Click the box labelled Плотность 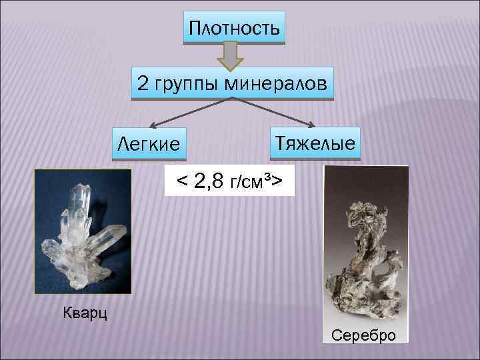tap(233, 28)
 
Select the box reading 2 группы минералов tap(232, 83)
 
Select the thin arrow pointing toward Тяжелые tap(277, 112)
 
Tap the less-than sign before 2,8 tap(181, 181)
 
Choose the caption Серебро tap(363, 334)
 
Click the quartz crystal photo tap(83, 231)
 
